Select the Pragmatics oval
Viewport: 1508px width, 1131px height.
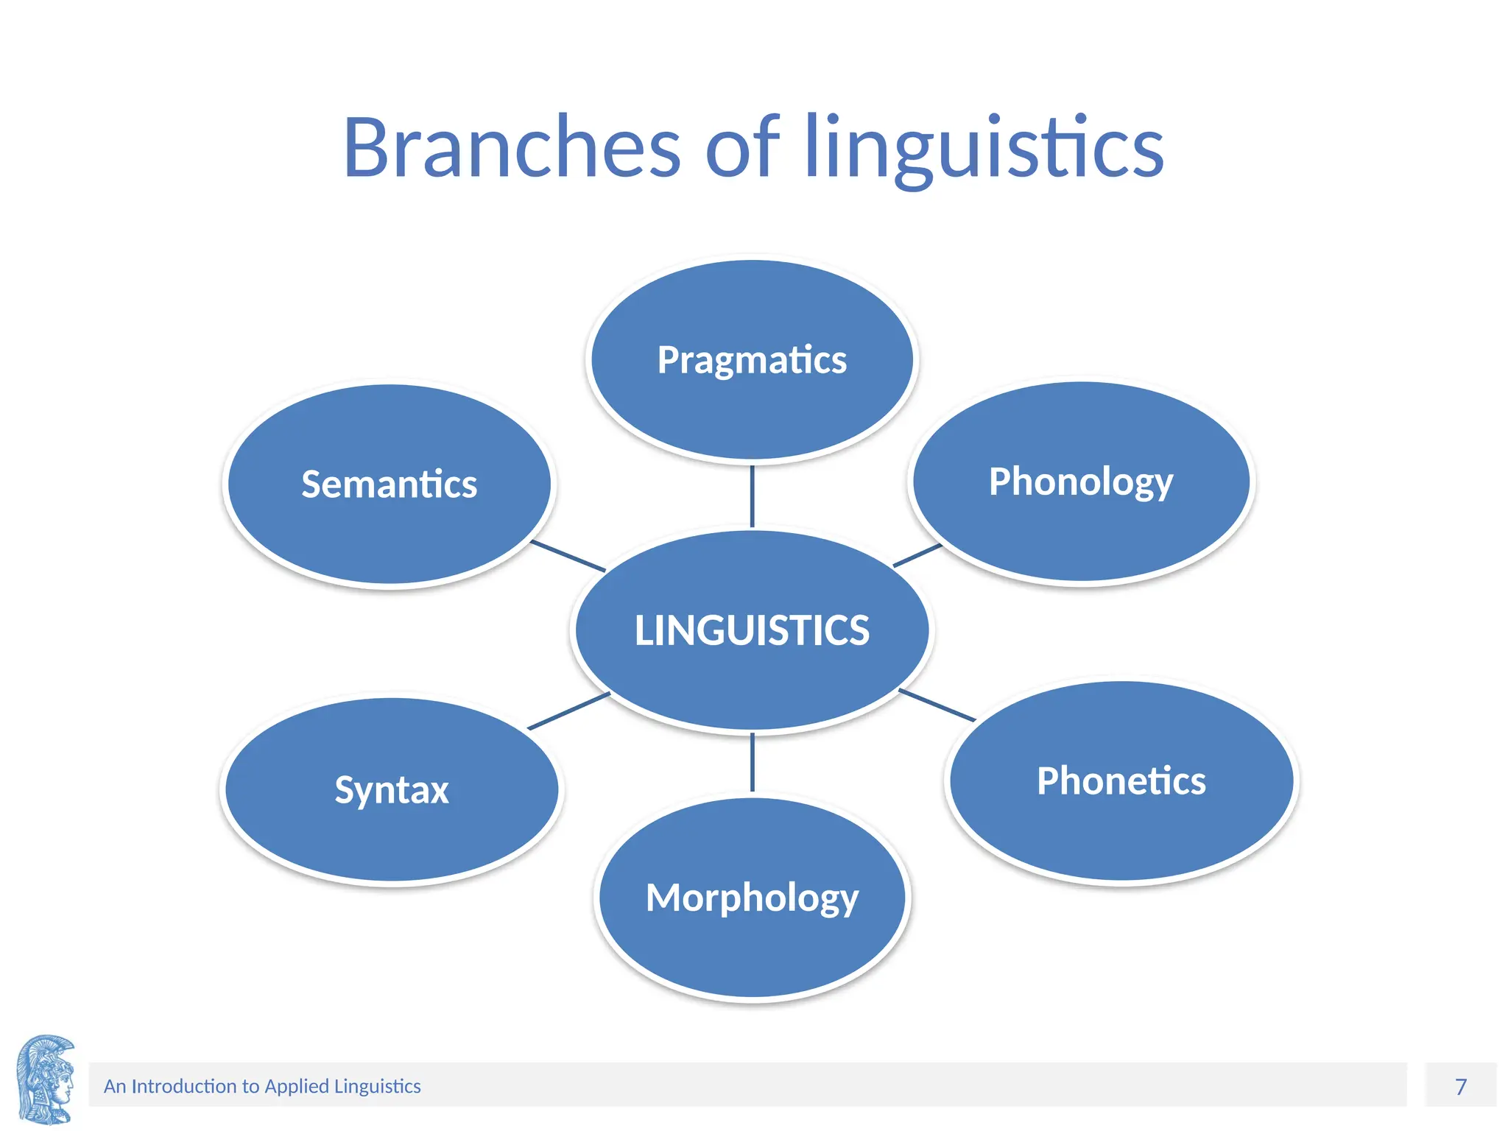752,360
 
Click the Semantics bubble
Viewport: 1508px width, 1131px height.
389,485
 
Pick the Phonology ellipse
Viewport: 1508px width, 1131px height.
1081,482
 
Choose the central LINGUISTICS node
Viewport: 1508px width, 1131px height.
752,630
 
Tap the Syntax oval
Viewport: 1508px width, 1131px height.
392,789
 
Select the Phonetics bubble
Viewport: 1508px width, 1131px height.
1121,781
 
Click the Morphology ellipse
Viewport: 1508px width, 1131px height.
752,898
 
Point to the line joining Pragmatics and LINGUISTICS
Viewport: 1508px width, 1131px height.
752,496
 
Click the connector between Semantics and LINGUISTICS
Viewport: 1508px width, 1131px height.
568,556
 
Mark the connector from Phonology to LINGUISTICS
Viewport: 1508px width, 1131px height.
917,555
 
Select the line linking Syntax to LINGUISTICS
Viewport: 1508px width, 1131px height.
568,711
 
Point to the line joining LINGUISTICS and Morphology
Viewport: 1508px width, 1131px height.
752,763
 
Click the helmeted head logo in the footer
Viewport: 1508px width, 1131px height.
46,1079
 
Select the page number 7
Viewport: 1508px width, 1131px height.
1461,1086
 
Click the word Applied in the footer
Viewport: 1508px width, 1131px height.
297,1086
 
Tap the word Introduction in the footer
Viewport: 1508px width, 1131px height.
183,1086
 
